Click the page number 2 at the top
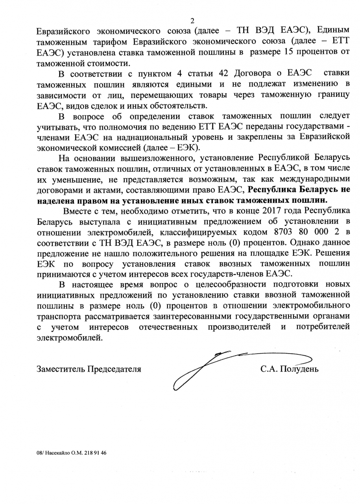192,21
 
